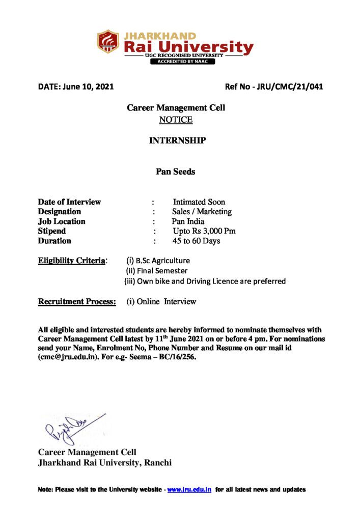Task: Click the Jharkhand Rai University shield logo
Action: tap(108, 42)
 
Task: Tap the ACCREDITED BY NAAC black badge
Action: tap(182, 62)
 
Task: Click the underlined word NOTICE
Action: tap(176, 120)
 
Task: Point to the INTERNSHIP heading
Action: tap(177, 140)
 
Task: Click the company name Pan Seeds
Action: tap(175, 172)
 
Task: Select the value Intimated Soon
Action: tap(199, 202)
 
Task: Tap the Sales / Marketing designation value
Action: tap(202, 211)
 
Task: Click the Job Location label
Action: tap(62, 221)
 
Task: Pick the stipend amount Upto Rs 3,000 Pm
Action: tap(204, 231)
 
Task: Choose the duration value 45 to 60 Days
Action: tap(196, 241)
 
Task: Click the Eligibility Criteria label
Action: tap(72, 261)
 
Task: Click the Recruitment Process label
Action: tap(77, 301)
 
